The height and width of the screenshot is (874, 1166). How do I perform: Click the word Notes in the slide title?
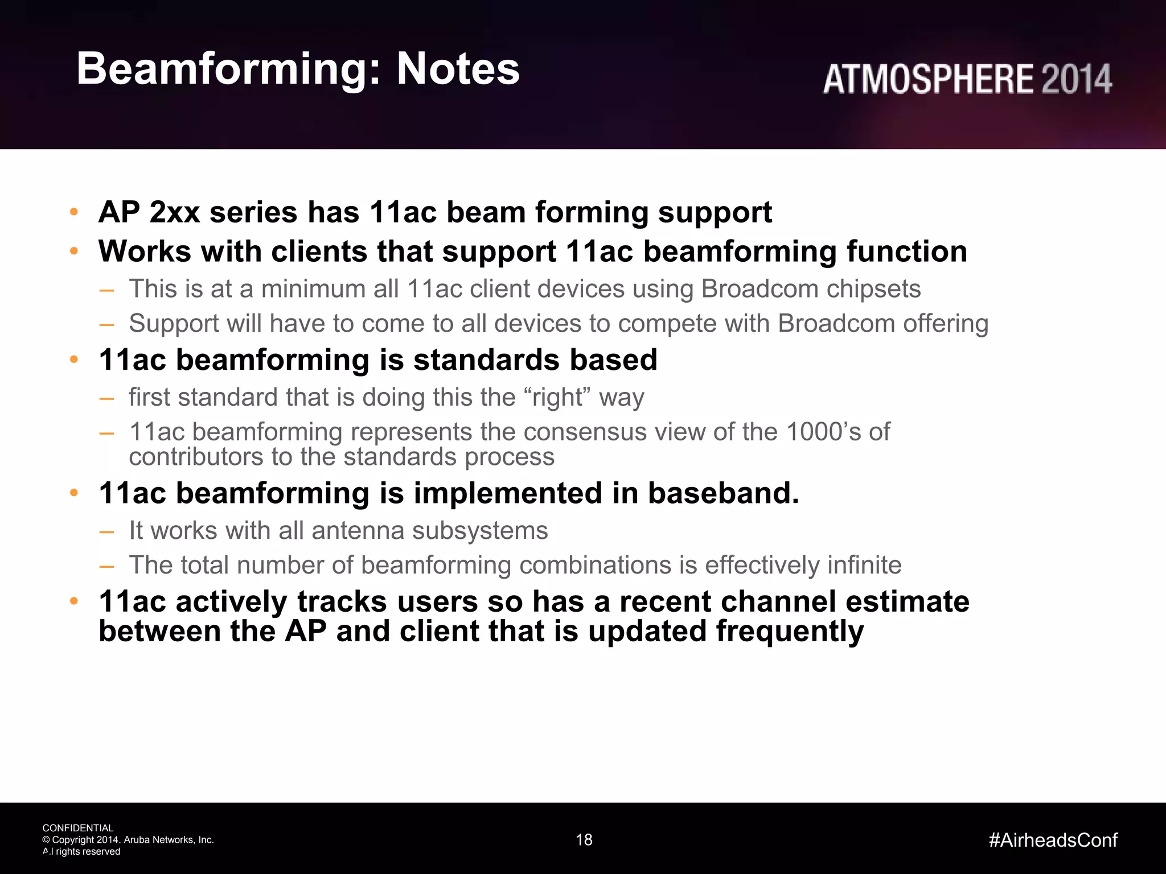pos(458,69)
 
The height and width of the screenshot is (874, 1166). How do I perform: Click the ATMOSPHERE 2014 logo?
pos(967,79)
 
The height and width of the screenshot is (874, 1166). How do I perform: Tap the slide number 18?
pos(584,840)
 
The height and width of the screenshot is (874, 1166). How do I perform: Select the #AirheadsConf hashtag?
pos(1053,840)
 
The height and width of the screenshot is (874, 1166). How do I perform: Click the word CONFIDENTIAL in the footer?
pos(78,828)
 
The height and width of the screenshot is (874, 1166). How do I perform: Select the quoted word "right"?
pos(559,397)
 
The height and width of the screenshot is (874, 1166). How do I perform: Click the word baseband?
pos(723,493)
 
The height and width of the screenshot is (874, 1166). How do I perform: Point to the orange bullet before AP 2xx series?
pos(73,213)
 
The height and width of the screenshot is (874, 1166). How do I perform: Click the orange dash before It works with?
pos(106,531)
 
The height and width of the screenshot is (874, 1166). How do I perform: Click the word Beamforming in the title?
pos(228,69)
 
